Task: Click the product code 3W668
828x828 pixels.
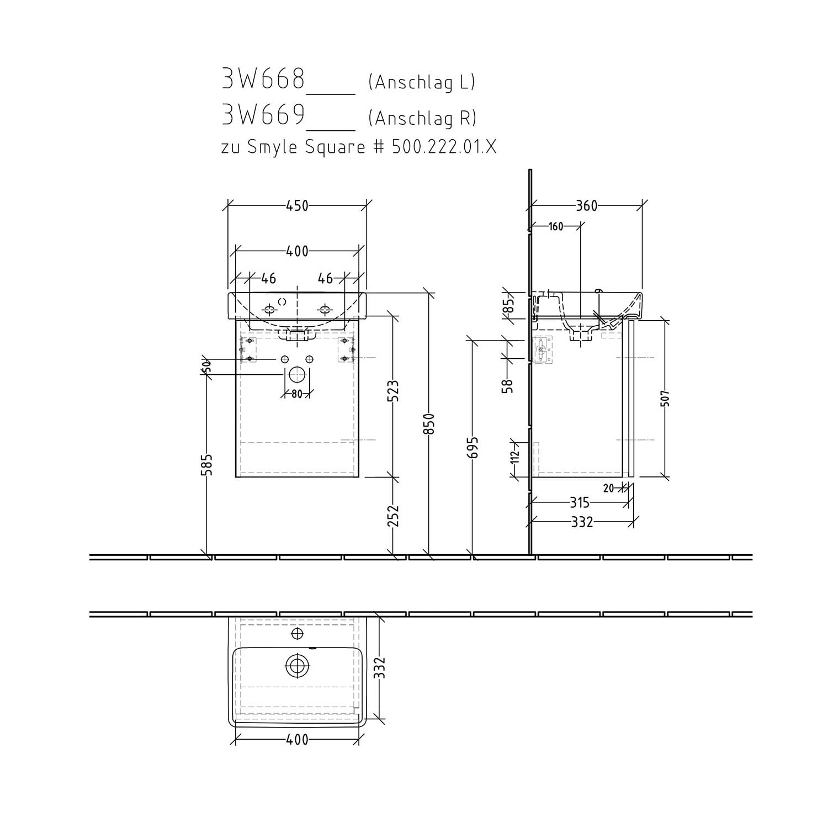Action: (263, 79)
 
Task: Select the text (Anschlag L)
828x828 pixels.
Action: (422, 82)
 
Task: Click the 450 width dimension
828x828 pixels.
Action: (297, 205)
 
